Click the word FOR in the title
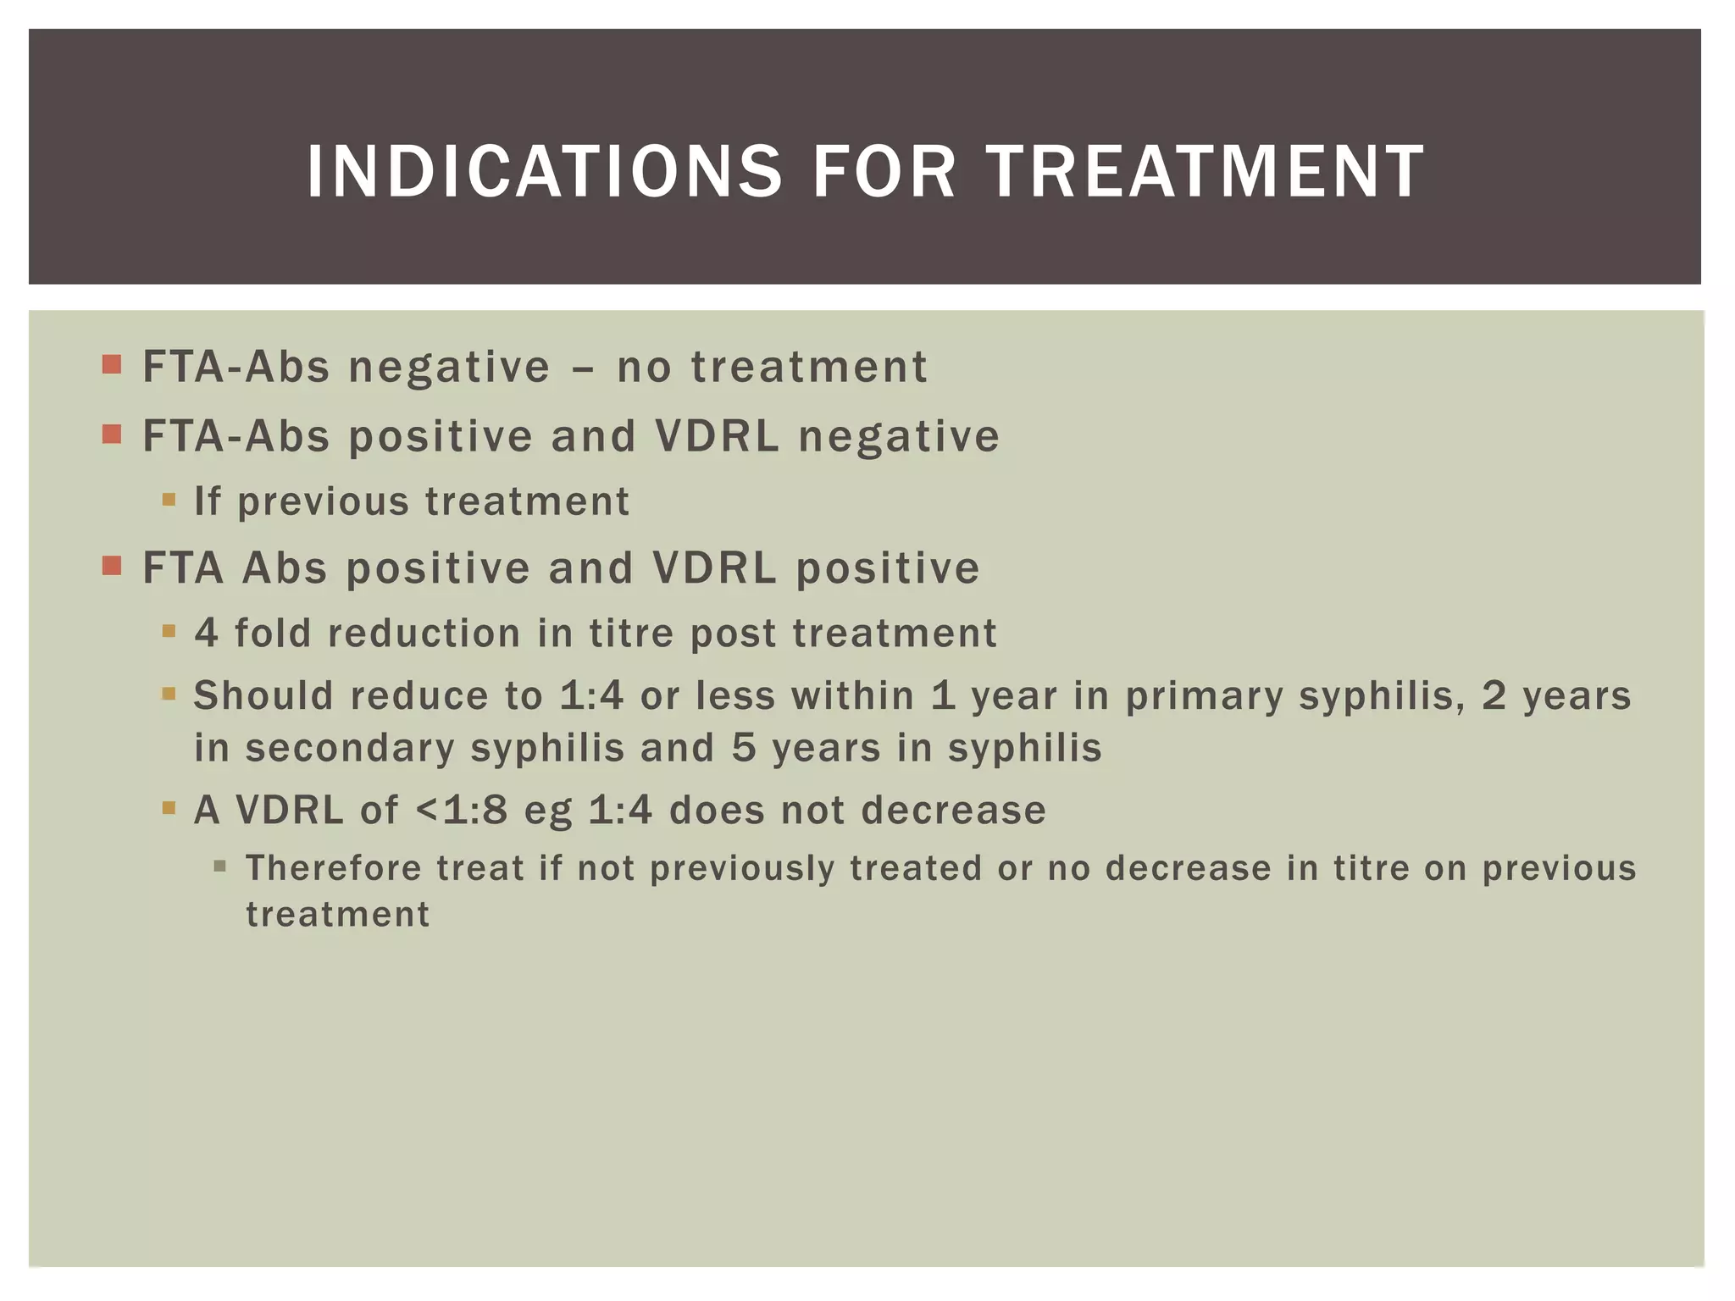pos(884,172)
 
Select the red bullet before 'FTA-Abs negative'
pos(112,365)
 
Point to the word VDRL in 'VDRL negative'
pos(717,436)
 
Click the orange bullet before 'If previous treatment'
pos(169,500)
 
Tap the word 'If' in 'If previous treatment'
pos(207,501)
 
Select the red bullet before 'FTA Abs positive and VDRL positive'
pos(112,565)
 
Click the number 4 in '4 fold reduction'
pos(206,633)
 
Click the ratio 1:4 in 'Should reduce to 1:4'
pos(591,695)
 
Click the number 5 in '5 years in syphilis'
pos(744,748)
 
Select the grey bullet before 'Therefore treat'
pos(220,866)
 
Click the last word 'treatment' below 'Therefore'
pos(338,915)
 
